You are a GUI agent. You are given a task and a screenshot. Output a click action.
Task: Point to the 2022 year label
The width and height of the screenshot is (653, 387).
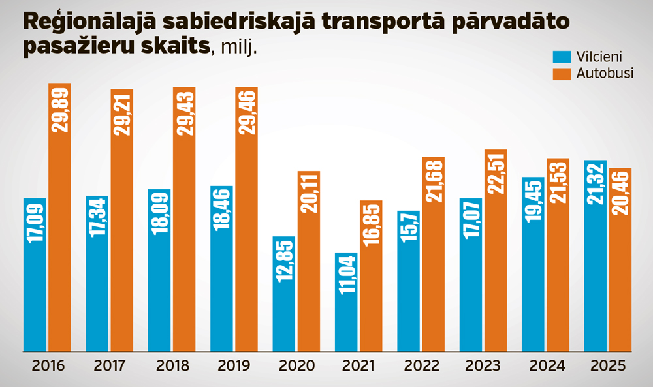pos(422,365)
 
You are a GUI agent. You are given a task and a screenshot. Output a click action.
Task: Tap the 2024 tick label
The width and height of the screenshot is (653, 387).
pos(547,365)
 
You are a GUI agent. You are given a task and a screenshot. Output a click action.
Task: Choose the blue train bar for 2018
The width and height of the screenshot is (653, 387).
pos(159,274)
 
